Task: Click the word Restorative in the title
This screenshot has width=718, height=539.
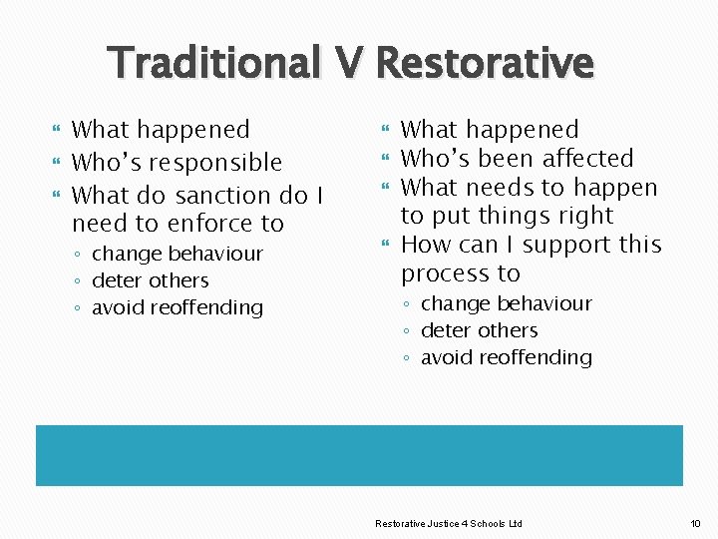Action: pos(485,63)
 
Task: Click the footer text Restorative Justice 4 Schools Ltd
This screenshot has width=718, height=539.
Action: pos(448,524)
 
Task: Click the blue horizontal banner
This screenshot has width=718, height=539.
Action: pos(359,455)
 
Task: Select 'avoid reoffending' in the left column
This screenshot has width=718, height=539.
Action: pos(177,307)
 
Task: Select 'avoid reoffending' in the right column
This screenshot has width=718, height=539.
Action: pos(506,357)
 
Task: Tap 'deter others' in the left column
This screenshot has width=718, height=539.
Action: pos(150,280)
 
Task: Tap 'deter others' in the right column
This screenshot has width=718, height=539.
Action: pos(479,330)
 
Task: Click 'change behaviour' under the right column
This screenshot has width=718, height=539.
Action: pos(506,303)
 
